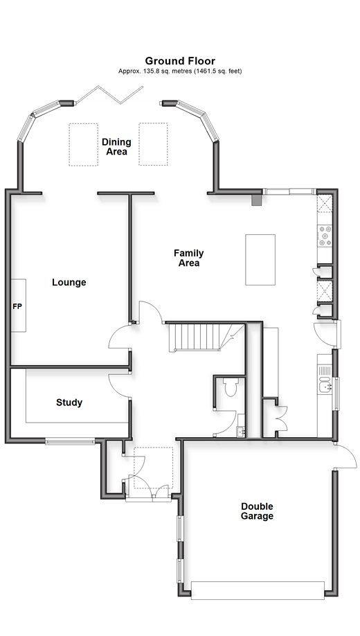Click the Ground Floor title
180,61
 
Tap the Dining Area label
116,147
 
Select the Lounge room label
69,282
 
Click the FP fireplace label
17,307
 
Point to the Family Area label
189,258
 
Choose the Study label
69,403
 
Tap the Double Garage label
257,511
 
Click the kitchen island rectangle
260,260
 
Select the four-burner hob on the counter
325,236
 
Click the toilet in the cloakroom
231,387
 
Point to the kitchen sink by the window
325,386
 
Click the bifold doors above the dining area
109,95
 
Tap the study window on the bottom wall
70,441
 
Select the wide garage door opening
258,590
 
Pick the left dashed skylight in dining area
83,144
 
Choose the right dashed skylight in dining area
153,144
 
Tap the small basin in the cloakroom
241,432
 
